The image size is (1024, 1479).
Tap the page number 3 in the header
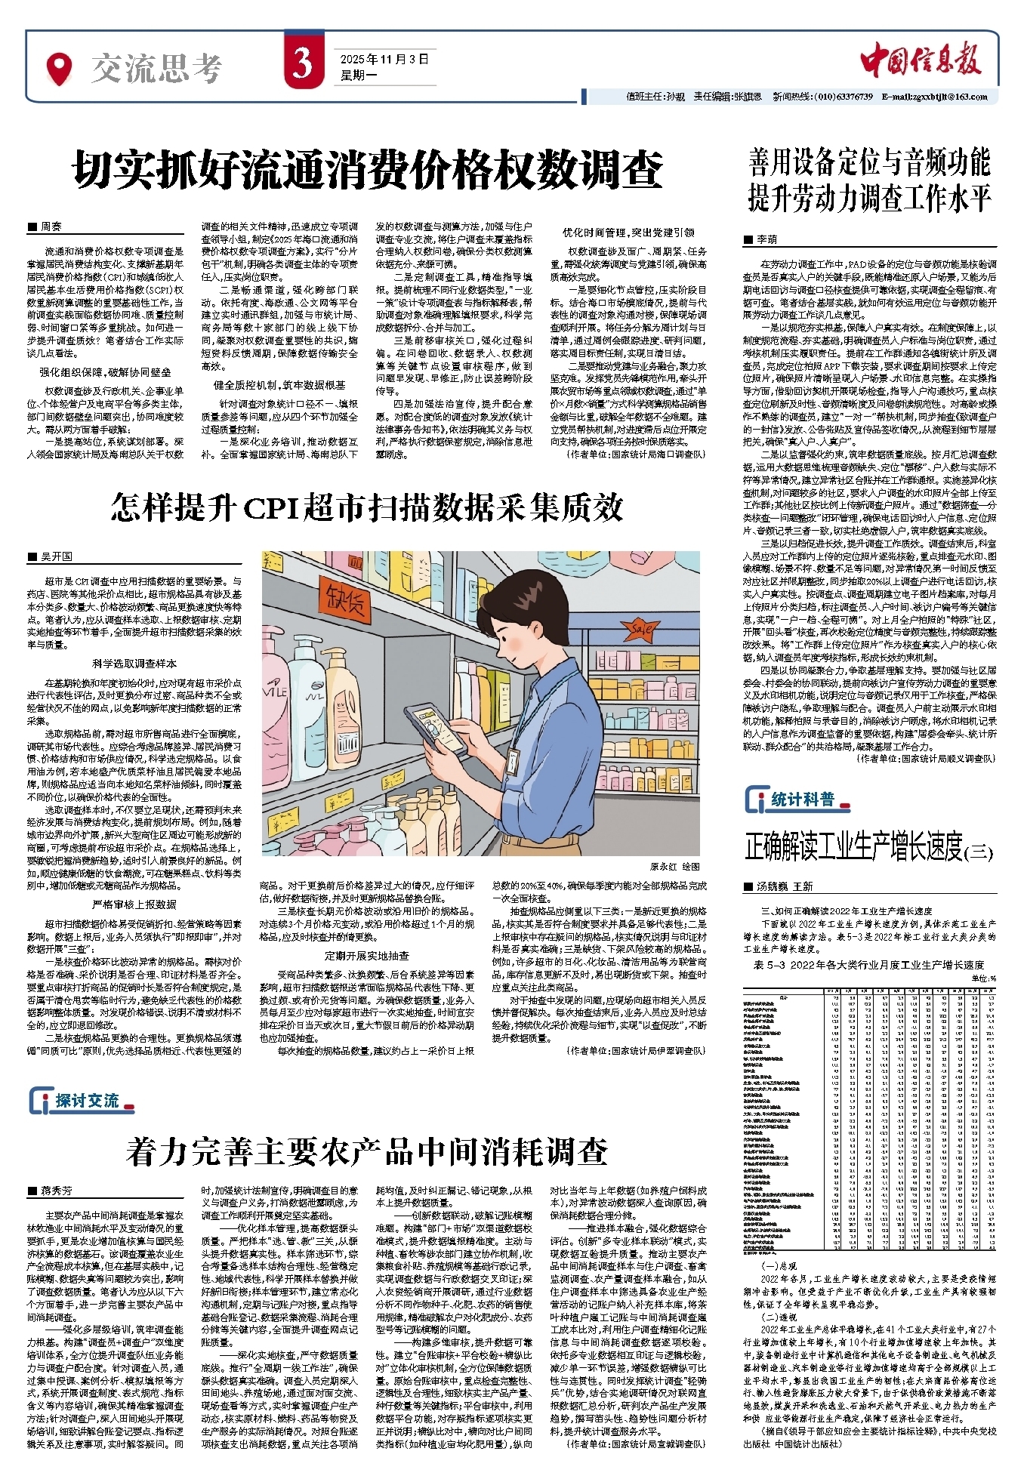point(303,64)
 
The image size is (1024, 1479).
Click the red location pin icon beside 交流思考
point(59,69)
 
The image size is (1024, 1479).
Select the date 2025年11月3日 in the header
point(384,59)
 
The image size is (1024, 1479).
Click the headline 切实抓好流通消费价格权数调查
point(368,170)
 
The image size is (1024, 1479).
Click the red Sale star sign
point(643,627)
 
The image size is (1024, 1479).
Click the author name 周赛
point(51,226)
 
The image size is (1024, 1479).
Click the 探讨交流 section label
point(87,1101)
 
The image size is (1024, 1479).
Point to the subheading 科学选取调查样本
point(134,663)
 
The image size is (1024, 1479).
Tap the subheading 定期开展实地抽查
point(366,955)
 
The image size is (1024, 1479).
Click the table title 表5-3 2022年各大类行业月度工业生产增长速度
point(868,965)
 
